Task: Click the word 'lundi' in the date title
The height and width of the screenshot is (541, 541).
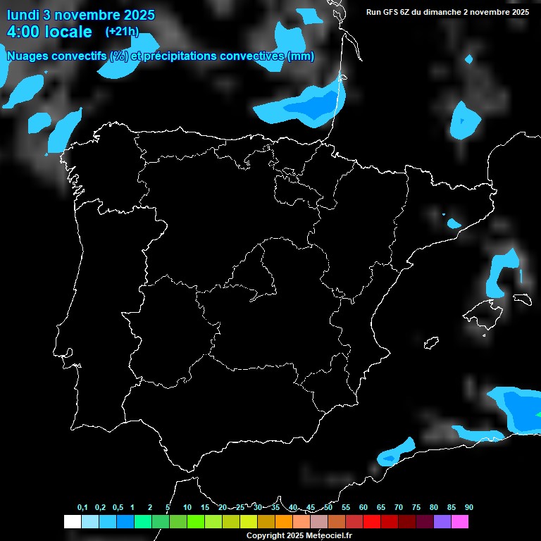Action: pos(24,15)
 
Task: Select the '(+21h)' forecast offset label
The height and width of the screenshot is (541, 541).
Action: pos(122,32)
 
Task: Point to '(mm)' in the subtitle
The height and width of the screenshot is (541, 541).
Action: pos(301,56)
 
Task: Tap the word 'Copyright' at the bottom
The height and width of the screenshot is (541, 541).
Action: pos(265,536)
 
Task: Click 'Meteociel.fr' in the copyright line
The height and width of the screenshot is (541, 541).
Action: pos(328,536)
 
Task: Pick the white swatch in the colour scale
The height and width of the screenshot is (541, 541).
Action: pos(72,522)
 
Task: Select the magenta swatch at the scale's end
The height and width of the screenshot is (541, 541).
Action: pos(459,522)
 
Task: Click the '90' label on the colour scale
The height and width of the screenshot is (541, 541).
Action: pos(469,508)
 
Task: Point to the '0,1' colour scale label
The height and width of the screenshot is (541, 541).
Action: pos(82,508)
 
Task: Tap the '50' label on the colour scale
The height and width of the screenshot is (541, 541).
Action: pos(328,508)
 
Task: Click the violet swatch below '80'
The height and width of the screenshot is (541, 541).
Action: pos(442,522)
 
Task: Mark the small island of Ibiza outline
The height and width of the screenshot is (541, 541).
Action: pos(431,342)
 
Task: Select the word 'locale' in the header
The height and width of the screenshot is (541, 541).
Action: pos(68,32)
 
